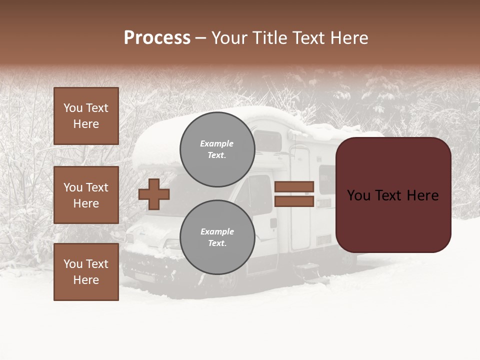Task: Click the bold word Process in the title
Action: click(157, 38)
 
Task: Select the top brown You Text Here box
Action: click(86, 116)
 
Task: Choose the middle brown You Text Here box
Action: click(86, 195)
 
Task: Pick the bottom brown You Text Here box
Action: click(86, 272)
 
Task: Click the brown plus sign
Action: click(154, 194)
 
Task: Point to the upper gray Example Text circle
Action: click(217, 149)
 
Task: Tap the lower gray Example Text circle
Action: click(217, 237)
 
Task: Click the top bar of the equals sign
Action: click(294, 187)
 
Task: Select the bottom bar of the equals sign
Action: click(294, 201)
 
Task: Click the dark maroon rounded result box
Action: click(393, 195)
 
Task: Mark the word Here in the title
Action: click(349, 38)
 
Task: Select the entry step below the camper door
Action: click(305, 267)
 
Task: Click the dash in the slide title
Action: click(200, 38)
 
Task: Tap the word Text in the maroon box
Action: click(392, 195)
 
